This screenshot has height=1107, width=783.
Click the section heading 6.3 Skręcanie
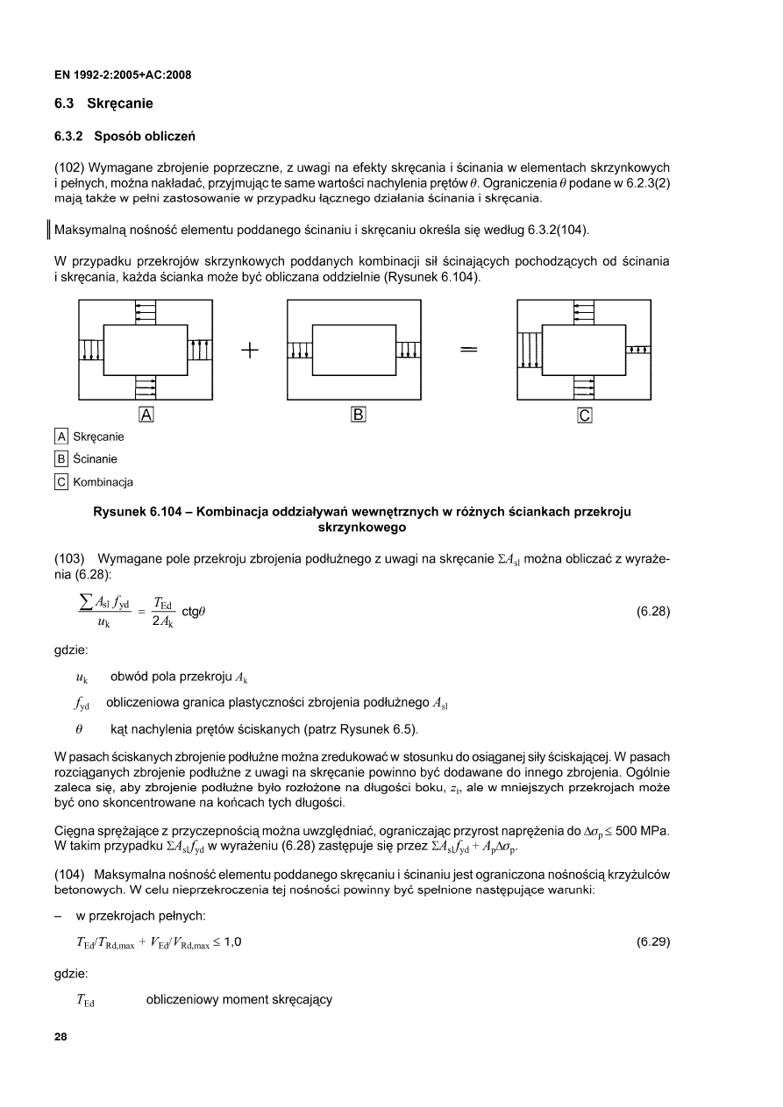pyautogui.click(x=103, y=104)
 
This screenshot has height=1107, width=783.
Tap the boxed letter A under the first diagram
pyautogui.click(x=146, y=415)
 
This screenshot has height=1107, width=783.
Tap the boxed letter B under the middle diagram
pyautogui.click(x=357, y=415)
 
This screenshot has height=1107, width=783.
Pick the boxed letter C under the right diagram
pyautogui.click(x=585, y=415)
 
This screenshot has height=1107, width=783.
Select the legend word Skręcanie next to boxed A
pyautogui.click(x=98, y=436)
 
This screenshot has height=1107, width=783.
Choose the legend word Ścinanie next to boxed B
pyautogui.click(x=95, y=459)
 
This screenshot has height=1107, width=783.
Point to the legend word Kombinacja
pyautogui.click(x=101, y=482)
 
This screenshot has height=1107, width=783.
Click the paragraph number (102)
pyautogui.click(x=69, y=167)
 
